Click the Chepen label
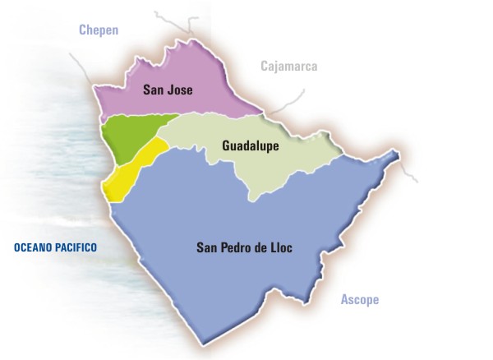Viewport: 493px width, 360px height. pyautogui.click(x=99, y=30)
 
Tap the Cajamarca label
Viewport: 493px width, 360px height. pyautogui.click(x=288, y=67)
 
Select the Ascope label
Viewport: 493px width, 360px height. pyautogui.click(x=360, y=300)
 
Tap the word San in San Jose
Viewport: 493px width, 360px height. pyautogui.click(x=154, y=90)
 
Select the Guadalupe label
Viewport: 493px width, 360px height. pyautogui.click(x=251, y=146)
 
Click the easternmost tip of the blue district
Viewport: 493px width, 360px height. pyautogui.click(x=398, y=155)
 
